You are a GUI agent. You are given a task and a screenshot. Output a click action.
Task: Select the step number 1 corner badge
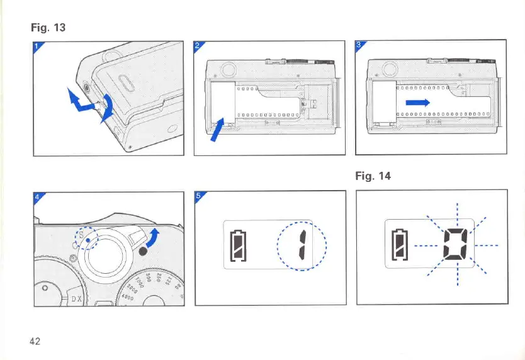(x=37, y=45)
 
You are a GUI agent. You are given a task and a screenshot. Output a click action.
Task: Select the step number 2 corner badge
(x=198, y=45)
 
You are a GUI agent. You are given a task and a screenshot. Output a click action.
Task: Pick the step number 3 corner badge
(x=359, y=45)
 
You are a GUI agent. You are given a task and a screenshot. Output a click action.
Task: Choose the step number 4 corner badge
(x=37, y=196)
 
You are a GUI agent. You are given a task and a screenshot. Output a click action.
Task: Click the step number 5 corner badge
(x=199, y=196)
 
